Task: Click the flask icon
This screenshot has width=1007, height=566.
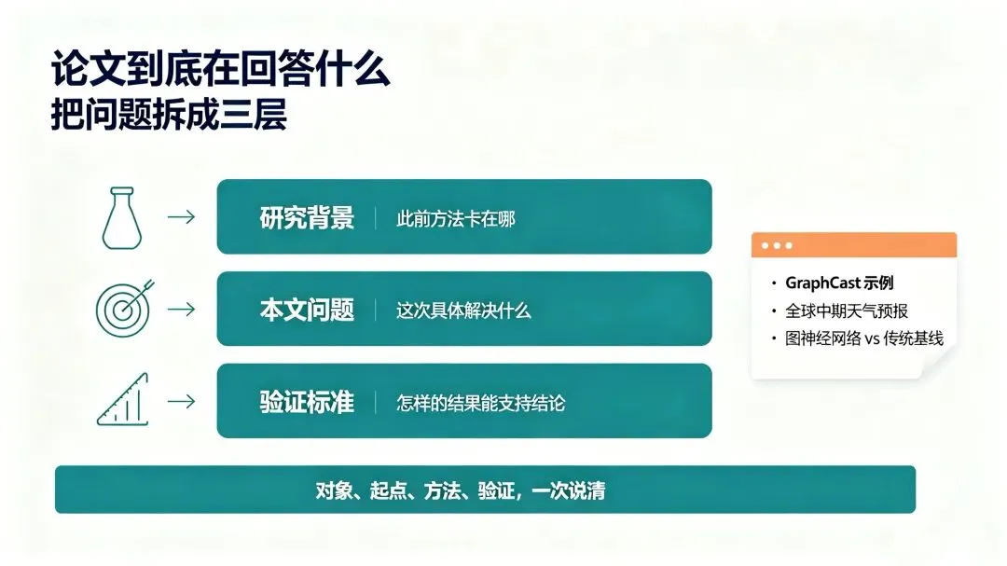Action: (122, 218)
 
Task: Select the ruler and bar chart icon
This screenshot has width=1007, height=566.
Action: (123, 400)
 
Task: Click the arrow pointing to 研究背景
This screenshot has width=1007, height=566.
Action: (181, 217)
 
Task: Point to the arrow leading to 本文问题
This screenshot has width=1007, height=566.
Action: (181, 309)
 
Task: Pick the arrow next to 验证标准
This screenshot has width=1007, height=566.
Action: (181, 402)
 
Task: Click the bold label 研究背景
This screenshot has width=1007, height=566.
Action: (307, 218)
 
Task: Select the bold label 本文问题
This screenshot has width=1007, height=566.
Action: (307, 310)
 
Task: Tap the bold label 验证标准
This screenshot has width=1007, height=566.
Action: (307, 402)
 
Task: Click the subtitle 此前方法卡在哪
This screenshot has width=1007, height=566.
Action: (456, 219)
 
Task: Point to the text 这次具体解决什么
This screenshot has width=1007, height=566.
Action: (463, 311)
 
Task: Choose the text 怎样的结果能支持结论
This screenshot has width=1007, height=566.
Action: (481, 404)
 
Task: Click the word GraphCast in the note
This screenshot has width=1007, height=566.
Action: (822, 283)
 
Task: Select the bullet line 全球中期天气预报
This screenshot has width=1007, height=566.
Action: (847, 311)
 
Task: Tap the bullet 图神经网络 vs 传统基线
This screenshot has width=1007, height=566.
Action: (864, 338)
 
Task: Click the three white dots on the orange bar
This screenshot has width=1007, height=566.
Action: (777, 245)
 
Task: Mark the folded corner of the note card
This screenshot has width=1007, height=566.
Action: (939, 362)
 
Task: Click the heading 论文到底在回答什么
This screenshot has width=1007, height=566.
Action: (220, 69)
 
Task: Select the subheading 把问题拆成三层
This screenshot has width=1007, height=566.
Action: (169, 115)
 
